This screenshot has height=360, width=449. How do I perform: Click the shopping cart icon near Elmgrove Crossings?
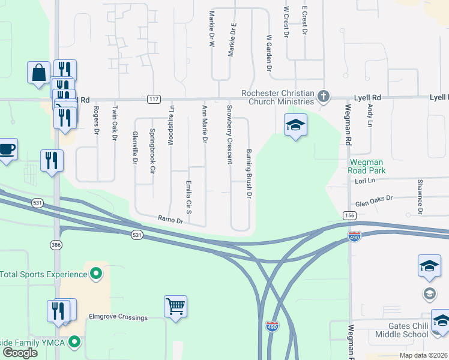[175, 307]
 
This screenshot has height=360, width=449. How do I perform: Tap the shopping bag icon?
[38, 73]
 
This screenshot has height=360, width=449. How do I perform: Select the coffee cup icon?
[7, 149]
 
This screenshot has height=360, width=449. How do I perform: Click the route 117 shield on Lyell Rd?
[154, 99]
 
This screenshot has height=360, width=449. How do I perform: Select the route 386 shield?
[56, 245]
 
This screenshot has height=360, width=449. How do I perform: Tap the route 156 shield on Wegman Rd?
[349, 215]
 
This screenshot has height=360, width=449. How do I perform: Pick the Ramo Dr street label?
[170, 220]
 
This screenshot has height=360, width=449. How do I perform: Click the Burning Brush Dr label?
[247, 174]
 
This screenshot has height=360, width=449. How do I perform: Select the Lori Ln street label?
[364, 181]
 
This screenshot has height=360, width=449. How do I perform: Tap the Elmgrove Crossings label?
[118, 317]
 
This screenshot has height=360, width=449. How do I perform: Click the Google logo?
[20, 353]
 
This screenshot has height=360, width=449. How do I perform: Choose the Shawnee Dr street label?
[420, 196]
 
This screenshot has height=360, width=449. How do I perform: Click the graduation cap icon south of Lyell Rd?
[295, 125]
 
